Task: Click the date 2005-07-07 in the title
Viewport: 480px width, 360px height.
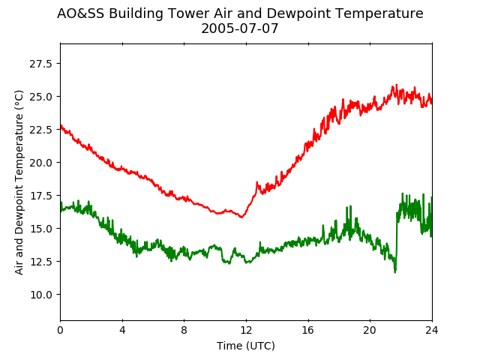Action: click(240, 28)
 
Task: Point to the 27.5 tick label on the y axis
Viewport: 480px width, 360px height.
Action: click(40, 64)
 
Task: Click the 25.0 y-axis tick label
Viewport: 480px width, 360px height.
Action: click(40, 97)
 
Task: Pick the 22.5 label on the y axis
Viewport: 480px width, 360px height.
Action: click(40, 130)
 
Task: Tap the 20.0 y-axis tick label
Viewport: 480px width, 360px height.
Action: click(40, 163)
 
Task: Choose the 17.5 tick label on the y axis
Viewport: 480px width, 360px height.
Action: click(40, 196)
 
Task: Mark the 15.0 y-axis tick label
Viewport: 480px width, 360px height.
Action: click(40, 229)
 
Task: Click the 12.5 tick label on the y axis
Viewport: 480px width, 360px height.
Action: click(40, 262)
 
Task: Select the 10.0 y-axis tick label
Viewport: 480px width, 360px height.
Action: click(40, 295)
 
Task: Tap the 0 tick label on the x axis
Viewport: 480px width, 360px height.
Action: click(60, 330)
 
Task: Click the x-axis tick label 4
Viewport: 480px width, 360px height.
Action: click(122, 330)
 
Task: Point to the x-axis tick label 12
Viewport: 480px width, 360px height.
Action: click(246, 330)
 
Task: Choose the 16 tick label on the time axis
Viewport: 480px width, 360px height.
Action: click(308, 330)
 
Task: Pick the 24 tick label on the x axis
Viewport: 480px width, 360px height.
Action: click(432, 330)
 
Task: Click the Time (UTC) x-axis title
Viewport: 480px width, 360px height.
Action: click(246, 346)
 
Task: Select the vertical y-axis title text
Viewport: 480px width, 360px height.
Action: click(19, 182)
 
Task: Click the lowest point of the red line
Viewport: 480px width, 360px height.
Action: click(241, 217)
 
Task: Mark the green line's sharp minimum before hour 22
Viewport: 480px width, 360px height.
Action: click(395, 272)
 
